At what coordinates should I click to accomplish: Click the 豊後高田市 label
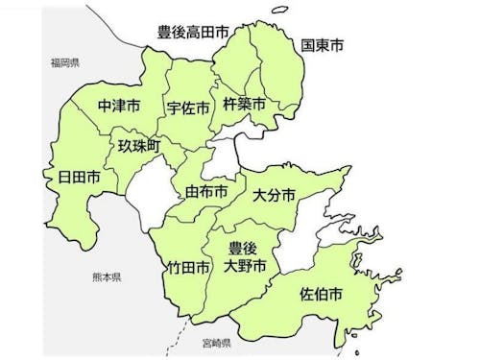(193, 33)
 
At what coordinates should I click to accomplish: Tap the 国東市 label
(323, 44)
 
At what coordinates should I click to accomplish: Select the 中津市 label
(119, 104)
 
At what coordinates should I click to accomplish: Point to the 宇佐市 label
(188, 108)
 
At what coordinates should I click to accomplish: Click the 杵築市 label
(245, 102)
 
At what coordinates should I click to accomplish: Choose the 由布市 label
(207, 192)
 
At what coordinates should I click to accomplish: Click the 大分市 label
(275, 196)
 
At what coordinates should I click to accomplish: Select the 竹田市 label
(188, 268)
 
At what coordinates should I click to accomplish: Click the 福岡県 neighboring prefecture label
(65, 62)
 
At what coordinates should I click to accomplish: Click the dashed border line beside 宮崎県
(173, 338)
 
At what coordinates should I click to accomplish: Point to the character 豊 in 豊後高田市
(164, 33)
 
